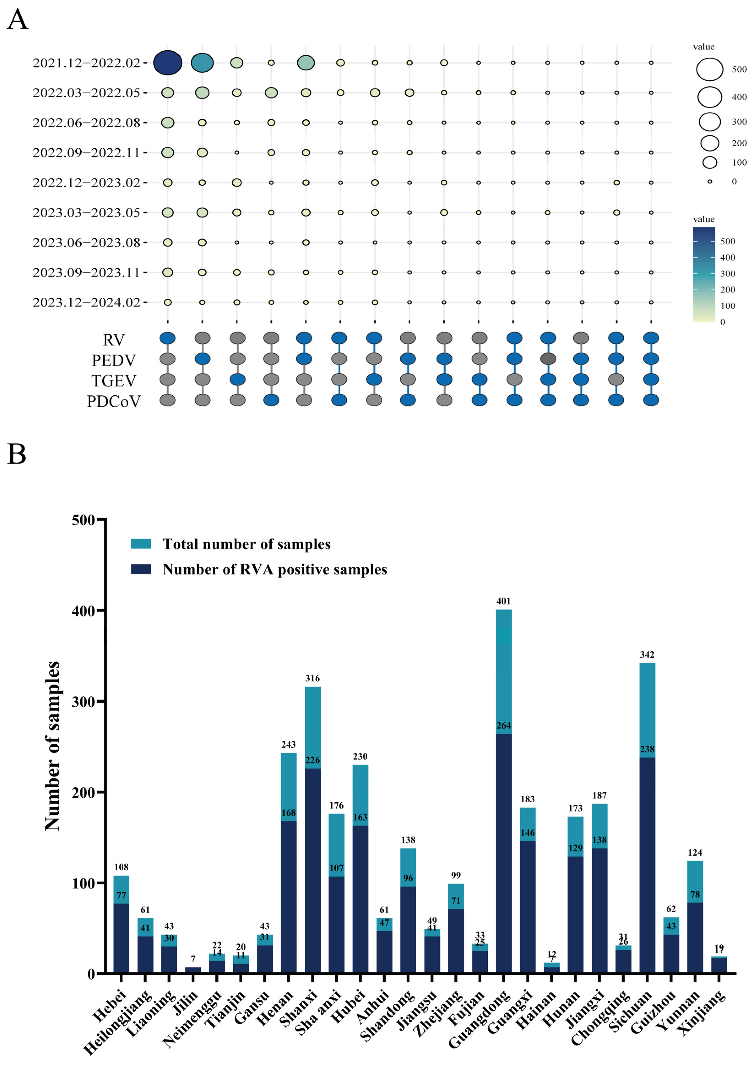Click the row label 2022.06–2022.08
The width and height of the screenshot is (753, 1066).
[87, 123]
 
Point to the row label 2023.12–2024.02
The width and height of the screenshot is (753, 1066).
[87, 302]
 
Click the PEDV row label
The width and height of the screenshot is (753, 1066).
[114, 360]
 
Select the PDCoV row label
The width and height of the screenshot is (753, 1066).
[114, 401]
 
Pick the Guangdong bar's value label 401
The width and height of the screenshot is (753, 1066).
[504, 601]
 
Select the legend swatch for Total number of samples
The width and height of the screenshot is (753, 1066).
[141, 544]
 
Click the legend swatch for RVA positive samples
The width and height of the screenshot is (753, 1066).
[141, 569]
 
